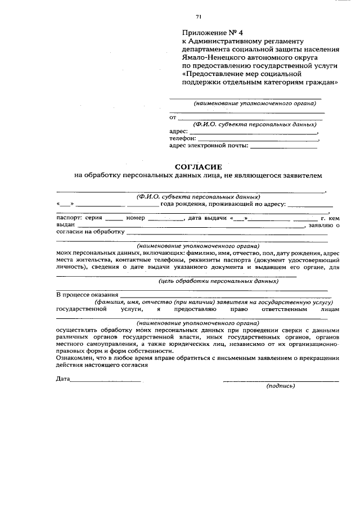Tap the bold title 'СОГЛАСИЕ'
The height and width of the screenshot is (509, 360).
199,166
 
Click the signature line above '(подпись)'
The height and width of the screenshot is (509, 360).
281,381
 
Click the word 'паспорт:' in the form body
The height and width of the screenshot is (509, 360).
69,217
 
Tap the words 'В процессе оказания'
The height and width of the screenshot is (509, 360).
87,294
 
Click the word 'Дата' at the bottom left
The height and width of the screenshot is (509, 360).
62,380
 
